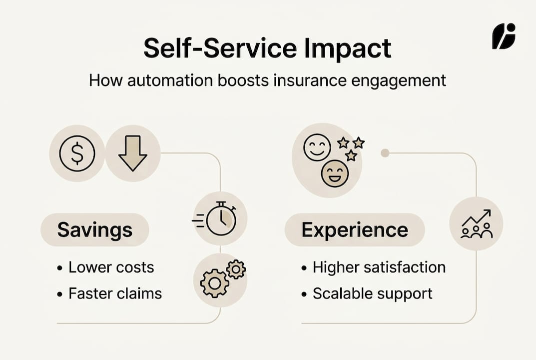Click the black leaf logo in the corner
tap(503, 36)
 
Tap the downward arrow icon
tap(132, 153)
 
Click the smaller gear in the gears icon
tap(236, 269)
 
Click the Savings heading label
tap(95, 230)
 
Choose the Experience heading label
tap(355, 230)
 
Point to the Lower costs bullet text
tap(111, 267)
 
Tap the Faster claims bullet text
tap(115, 293)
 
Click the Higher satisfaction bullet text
tap(379, 267)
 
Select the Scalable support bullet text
tap(372, 293)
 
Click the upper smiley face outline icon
tap(317, 147)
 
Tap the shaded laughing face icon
tap(335, 173)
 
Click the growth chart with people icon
tap(476, 223)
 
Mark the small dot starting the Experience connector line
tap(385, 153)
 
